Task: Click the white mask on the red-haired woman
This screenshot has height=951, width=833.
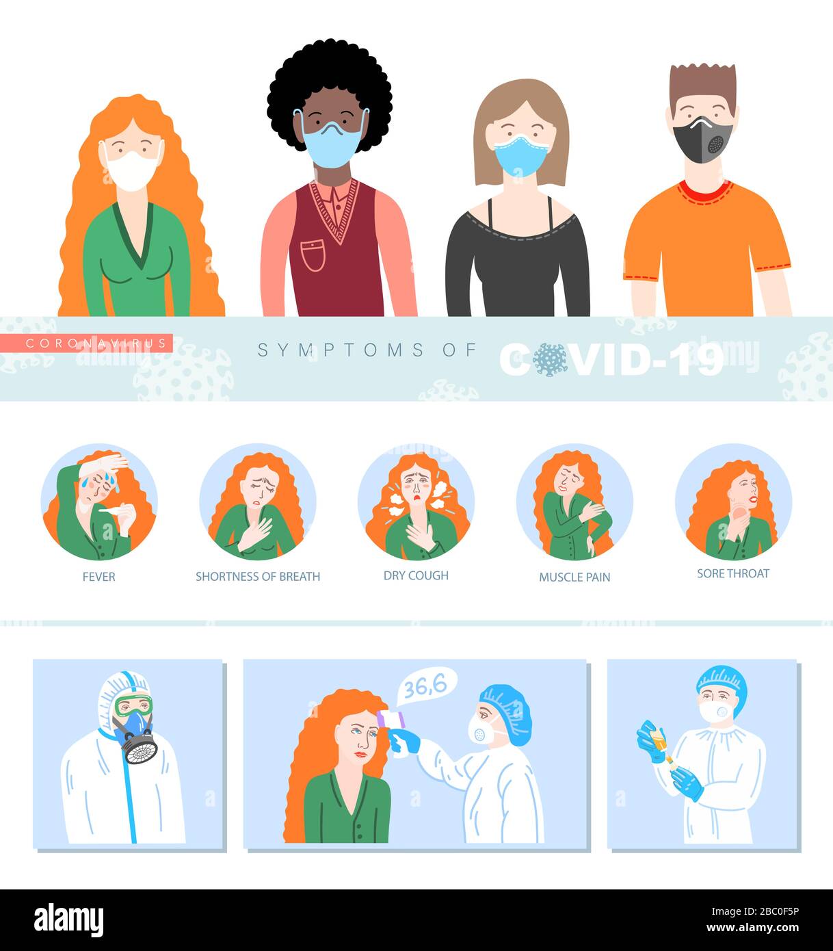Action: [x=132, y=170]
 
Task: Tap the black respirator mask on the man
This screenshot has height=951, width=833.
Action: [x=702, y=140]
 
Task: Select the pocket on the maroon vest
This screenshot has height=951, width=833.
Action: [x=313, y=255]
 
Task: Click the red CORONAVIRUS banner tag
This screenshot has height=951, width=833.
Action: [x=86, y=343]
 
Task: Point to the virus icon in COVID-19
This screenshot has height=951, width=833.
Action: [x=550, y=360]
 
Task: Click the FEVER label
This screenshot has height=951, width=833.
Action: [x=98, y=577]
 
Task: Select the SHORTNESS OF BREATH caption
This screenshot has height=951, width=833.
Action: [x=258, y=577]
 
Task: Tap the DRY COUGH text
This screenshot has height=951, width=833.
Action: [x=416, y=575]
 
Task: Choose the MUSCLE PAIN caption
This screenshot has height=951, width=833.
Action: [x=574, y=577]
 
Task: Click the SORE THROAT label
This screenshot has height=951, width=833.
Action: [x=733, y=573]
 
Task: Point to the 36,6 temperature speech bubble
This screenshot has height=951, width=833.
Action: [x=426, y=687]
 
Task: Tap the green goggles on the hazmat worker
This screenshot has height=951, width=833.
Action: [x=134, y=705]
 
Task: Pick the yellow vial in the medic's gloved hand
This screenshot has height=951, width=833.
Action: [x=659, y=742]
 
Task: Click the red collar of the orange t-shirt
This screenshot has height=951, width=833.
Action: [x=706, y=192]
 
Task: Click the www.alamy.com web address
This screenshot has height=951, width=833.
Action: [x=752, y=928]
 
